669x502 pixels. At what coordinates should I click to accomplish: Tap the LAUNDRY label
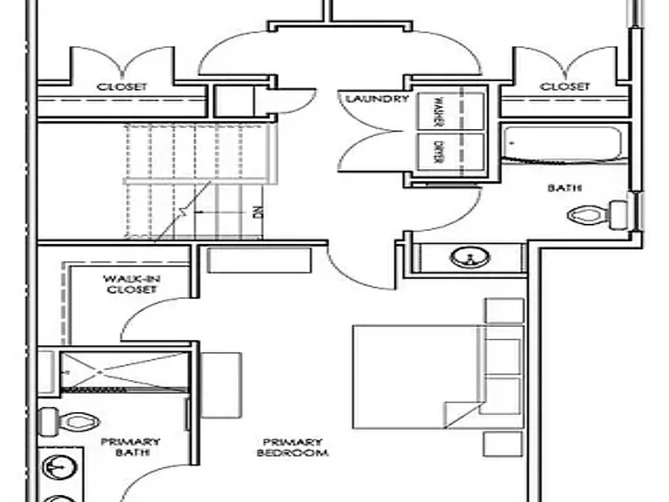pos(376,99)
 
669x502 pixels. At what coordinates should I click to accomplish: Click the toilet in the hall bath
pos(598,214)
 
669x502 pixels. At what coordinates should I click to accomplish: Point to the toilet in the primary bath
pos(69,422)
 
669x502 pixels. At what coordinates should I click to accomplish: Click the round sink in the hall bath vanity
pos(470,257)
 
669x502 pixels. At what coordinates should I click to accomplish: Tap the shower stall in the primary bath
pos(125,370)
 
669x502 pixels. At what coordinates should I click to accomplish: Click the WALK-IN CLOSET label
pos(132,284)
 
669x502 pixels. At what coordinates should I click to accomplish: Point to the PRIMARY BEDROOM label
pos(293,447)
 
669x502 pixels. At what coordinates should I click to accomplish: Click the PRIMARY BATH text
pos(131,447)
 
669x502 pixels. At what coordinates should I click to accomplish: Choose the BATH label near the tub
pos(564,188)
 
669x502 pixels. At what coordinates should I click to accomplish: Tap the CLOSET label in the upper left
pos(122,86)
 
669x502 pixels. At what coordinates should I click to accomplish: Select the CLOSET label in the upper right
pos(564,86)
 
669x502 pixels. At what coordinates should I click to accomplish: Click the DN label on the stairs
pos(258,212)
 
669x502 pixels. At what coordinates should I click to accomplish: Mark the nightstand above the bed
pos(504,311)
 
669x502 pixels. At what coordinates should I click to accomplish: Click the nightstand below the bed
pos(503,444)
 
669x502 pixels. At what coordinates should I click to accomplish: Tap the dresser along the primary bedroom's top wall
pos(260,260)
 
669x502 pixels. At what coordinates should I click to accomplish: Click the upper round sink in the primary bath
pos(60,468)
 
